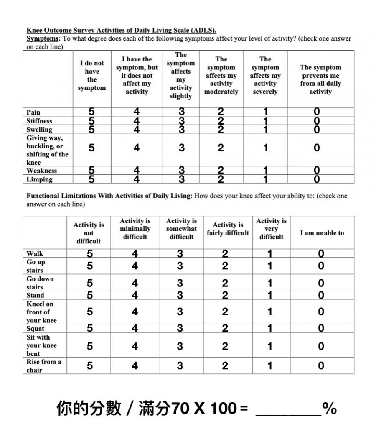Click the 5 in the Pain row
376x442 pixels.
click(91, 112)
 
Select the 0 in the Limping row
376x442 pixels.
click(317, 179)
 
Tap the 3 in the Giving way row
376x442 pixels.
click(181, 148)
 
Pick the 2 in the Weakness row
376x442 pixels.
click(221, 171)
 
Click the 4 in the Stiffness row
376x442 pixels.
click(137, 121)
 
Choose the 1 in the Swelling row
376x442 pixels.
click(265, 130)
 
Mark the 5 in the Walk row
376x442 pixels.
click(90, 253)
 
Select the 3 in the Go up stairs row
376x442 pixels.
click(180, 266)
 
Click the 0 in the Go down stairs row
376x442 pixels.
click(321, 283)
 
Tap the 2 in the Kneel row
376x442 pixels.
click(225, 312)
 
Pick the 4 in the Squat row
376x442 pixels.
click(135, 329)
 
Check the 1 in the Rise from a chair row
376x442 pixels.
click(270, 366)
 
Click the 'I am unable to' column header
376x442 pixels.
click(322, 233)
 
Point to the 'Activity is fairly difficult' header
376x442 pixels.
click(228, 229)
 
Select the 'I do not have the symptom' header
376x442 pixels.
click(92, 75)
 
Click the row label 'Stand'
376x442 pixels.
click(35, 295)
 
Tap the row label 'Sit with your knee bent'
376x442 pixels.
click(41, 345)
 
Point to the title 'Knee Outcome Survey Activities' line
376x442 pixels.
click(121, 31)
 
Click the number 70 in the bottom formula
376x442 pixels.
click(180, 409)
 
